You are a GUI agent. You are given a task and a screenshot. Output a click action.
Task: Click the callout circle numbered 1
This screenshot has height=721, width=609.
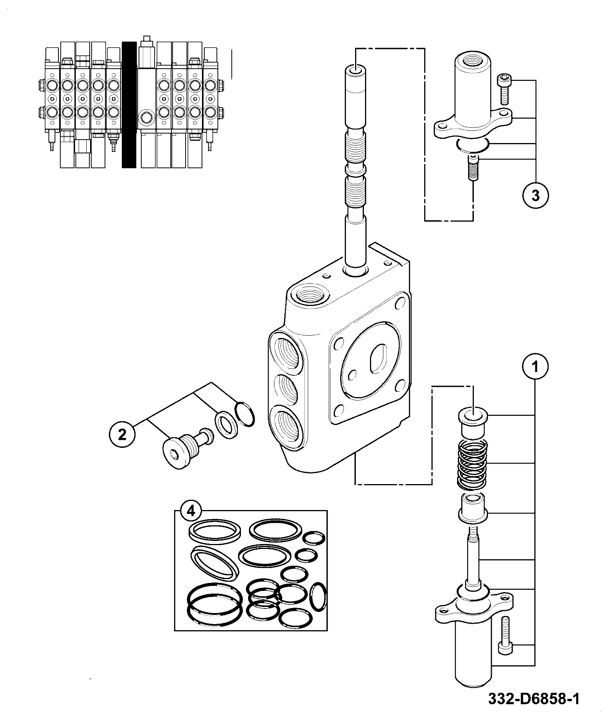(535, 367)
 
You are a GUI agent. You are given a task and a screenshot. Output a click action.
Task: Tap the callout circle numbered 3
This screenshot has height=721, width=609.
(535, 195)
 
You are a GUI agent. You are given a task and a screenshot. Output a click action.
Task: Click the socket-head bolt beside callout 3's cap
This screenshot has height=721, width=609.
(504, 90)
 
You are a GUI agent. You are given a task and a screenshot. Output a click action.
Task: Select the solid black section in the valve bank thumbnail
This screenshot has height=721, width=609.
(129, 105)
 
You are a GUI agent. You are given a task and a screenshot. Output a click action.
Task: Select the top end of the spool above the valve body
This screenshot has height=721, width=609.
(355, 71)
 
